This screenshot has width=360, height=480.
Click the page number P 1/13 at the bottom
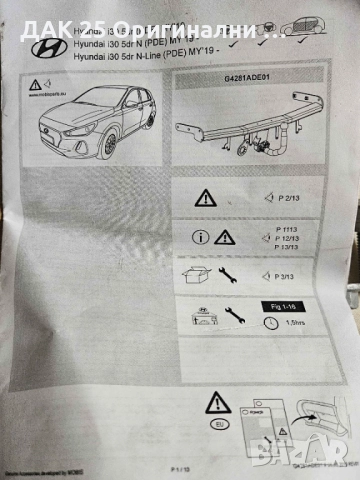pos(180,468)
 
